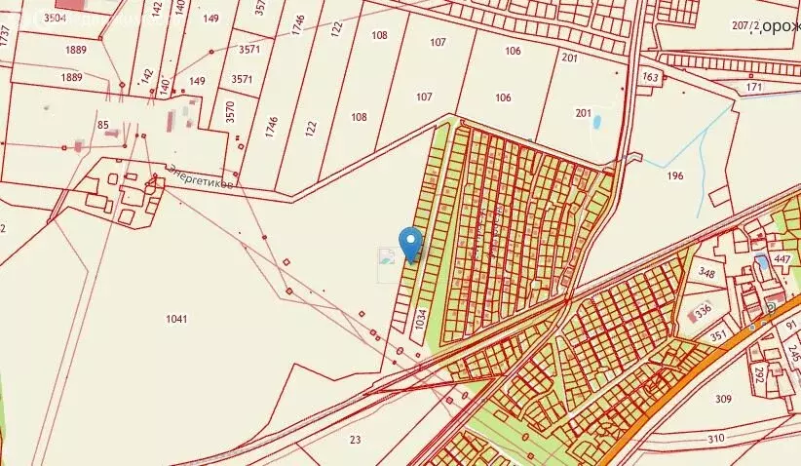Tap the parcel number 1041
tap(176, 319)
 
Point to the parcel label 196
tap(675, 176)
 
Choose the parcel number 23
tap(355, 440)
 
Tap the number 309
tap(723, 399)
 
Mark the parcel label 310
tap(716, 439)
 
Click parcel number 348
tap(707, 274)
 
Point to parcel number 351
tap(718, 337)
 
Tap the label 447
tap(781, 258)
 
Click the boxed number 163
tap(650, 76)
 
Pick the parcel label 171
tap(753, 88)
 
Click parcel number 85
tap(103, 125)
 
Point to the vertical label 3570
tap(230, 111)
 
